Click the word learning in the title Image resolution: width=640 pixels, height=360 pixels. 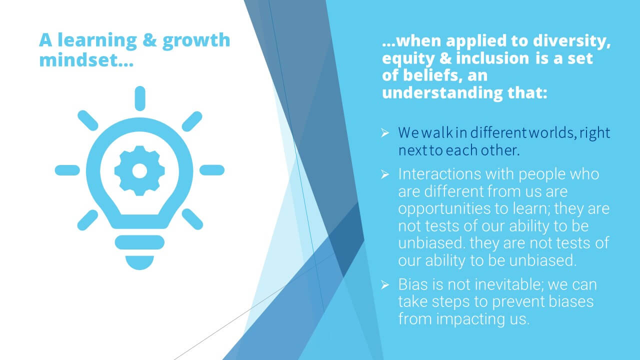pyautogui.click(x=97, y=40)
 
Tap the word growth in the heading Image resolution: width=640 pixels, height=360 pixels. pyautogui.click(x=196, y=40)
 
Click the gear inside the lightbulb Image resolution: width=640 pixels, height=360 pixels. pyautogui.click(x=139, y=170)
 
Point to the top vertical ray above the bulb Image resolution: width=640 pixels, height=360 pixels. pyautogui.click(x=140, y=98)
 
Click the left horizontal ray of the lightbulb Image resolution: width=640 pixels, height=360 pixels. pyautogui.click(x=67, y=170)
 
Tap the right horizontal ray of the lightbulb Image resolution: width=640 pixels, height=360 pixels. pyautogui.click(x=212, y=170)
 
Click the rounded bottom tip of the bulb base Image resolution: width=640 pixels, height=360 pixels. pyautogui.click(x=139, y=263)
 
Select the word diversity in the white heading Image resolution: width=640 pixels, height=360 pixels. pyautogui.click(x=571, y=41)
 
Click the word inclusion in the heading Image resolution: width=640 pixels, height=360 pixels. pyautogui.click(x=492, y=58)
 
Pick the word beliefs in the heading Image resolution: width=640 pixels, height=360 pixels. pyautogui.click(x=433, y=75)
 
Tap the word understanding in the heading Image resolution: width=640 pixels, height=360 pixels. pyautogui.click(x=442, y=93)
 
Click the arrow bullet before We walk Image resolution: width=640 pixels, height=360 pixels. pyautogui.click(x=385, y=133)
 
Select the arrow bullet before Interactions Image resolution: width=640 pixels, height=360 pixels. pyautogui.click(x=385, y=174)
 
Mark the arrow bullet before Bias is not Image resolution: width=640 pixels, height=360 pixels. pyautogui.click(x=385, y=285)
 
